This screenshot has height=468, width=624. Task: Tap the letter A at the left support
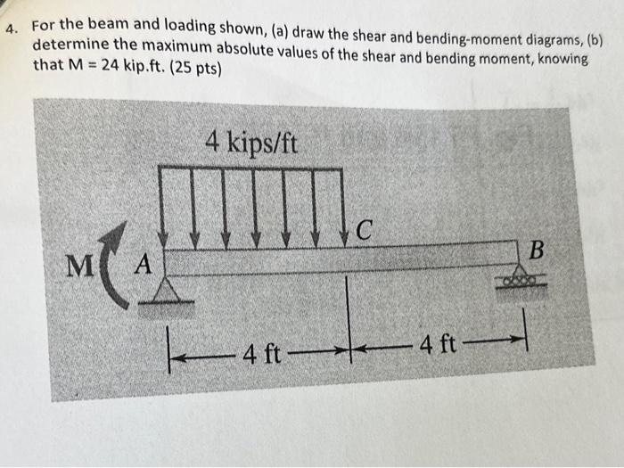coord(144,265)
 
